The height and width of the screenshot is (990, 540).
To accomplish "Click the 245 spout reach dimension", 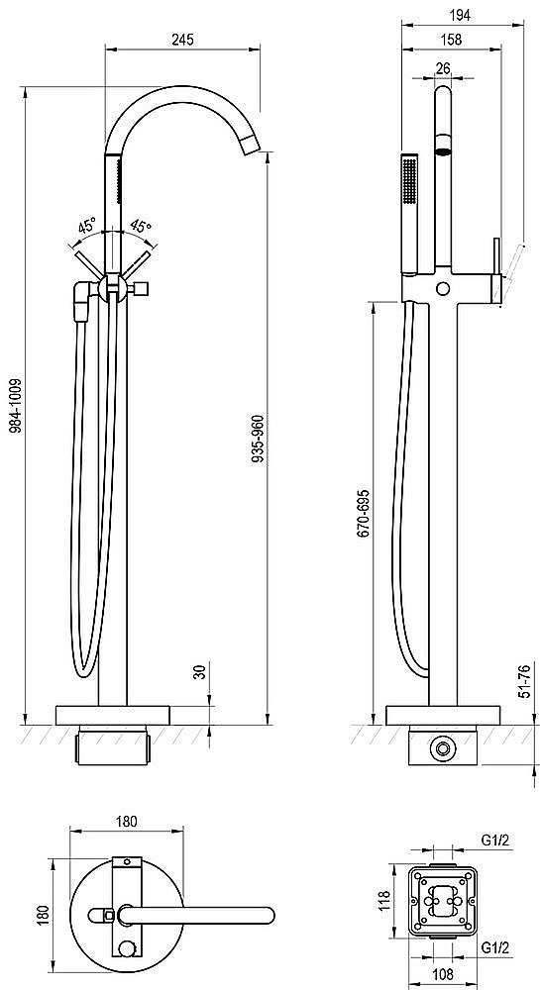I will point(181,40).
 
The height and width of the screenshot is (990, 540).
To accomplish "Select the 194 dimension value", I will point(459,16).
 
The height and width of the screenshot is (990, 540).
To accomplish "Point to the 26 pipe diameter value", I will point(443,68).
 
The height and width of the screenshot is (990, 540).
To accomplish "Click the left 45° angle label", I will point(88,226).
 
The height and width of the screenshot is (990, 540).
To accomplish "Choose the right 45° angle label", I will point(141,227).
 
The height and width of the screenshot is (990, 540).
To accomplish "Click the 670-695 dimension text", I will point(365,513).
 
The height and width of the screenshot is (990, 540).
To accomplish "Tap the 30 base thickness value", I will point(199,672).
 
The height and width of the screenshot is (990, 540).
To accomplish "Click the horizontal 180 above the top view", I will point(126,822).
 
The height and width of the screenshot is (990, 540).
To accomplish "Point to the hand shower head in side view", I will point(410,214).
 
